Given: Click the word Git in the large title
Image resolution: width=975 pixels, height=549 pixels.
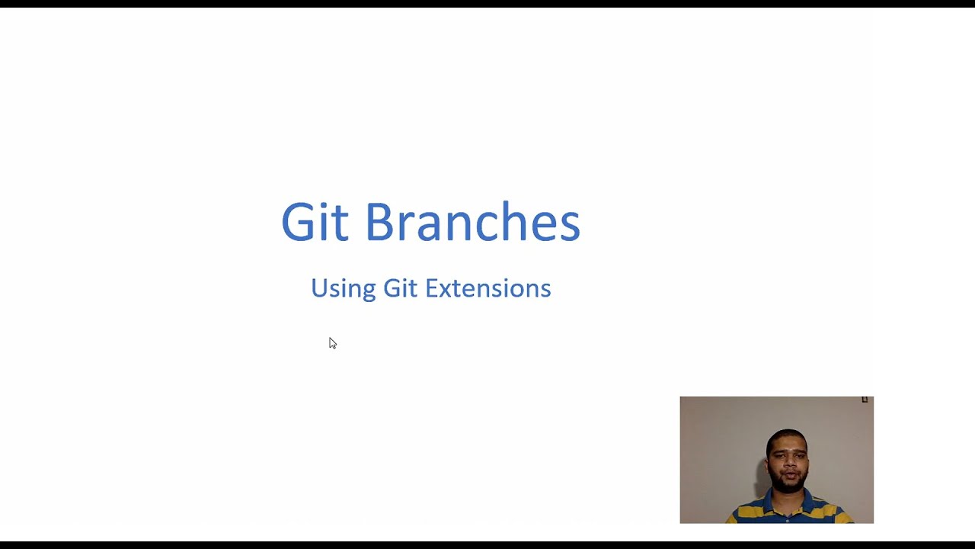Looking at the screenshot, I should click(315, 223).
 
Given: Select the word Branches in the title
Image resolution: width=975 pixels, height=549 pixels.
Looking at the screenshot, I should click(472, 223).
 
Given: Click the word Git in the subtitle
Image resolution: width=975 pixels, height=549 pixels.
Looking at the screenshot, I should click(400, 288).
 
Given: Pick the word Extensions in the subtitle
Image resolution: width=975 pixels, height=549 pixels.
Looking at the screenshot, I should click(487, 288).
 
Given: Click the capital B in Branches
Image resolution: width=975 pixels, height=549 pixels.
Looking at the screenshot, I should click(380, 223).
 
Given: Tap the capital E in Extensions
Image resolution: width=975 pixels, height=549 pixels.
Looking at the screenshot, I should click(431, 288).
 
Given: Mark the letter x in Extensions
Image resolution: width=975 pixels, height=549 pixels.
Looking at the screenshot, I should click(446, 291).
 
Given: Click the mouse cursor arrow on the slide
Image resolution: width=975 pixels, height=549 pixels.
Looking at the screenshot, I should click(332, 343).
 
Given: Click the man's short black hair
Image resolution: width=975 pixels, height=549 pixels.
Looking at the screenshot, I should click(787, 437).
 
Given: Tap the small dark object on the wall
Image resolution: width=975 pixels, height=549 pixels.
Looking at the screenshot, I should click(865, 400).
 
